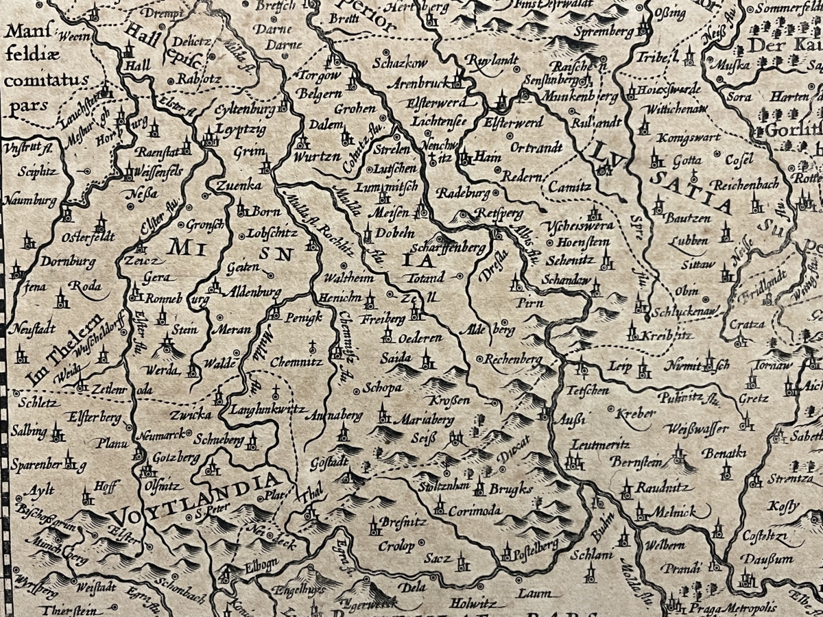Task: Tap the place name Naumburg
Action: pyautogui.click(x=30, y=201)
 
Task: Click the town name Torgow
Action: pyautogui.click(x=317, y=75)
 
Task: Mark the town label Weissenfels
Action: pyautogui.click(x=160, y=171)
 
